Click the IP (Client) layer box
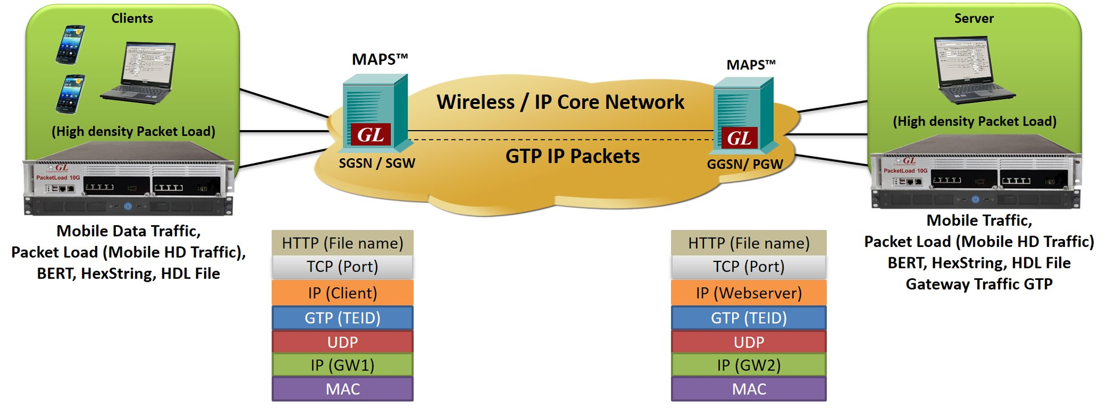342,293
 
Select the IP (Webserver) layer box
748,293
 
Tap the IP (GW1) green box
342,365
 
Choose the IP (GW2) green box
748,365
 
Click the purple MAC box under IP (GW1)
342,389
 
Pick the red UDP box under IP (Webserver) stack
748,342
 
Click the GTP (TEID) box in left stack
342,318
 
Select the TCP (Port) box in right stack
748,267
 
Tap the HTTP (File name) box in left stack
342,243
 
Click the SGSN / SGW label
376,163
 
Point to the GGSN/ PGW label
744,164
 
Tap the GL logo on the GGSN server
739,138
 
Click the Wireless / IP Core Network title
560,102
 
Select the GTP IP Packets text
572,156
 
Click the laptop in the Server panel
972,70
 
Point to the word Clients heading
132,18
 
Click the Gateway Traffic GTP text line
978,284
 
